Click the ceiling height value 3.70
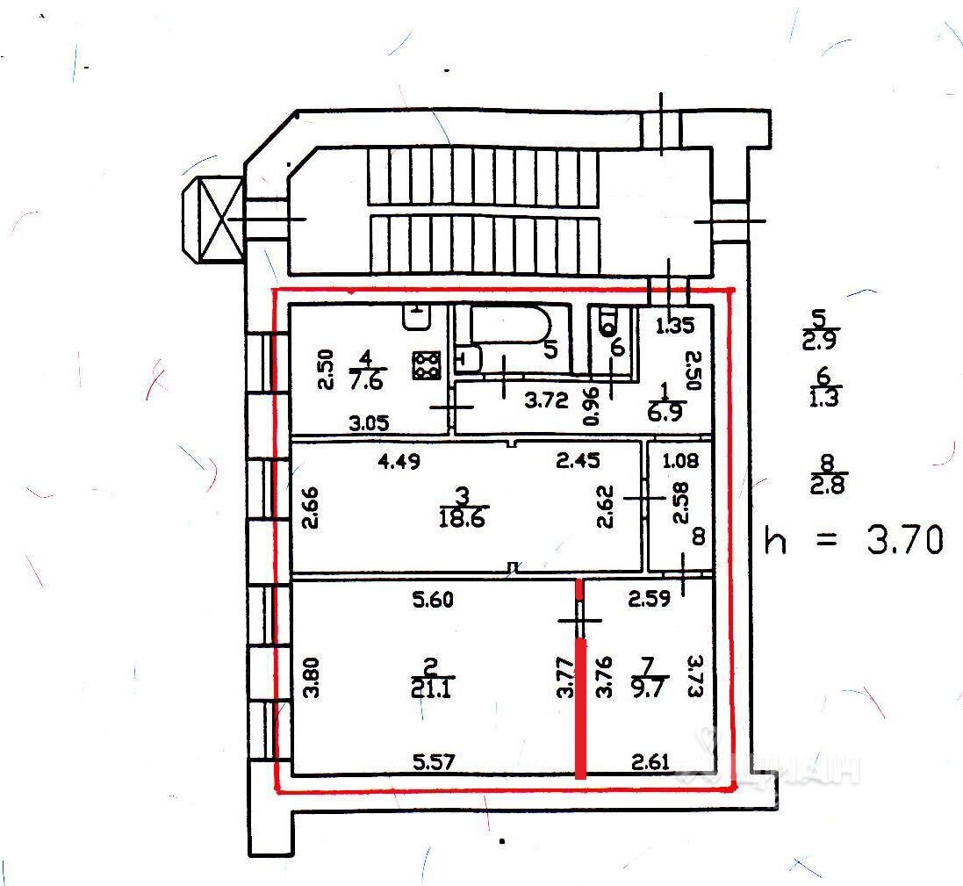[x=906, y=538]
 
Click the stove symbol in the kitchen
[x=427, y=365]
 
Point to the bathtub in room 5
[x=509, y=324]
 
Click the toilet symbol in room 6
[x=607, y=322]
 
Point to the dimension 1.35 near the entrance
[x=676, y=327]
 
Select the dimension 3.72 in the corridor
[x=545, y=400]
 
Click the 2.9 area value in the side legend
[x=820, y=341]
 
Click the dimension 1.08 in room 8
[x=679, y=459]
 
